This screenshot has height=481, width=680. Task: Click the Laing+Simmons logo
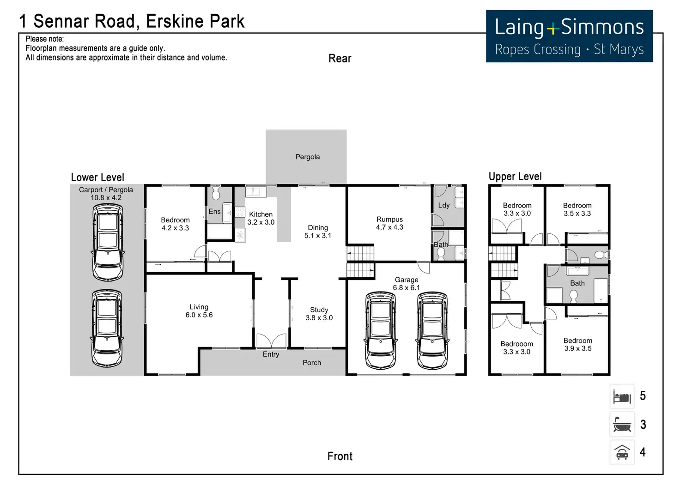[569, 36]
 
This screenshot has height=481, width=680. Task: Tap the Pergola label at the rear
[307, 157]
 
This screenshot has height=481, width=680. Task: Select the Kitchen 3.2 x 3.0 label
[261, 218]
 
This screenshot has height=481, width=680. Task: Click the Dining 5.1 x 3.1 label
[318, 231]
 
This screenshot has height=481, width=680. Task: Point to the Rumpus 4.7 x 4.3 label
[389, 223]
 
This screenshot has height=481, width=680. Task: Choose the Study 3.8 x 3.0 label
[319, 314]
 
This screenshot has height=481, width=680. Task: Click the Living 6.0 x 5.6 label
[199, 311]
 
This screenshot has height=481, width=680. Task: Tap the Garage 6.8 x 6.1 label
[407, 284]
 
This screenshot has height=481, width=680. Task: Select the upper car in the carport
[108, 242]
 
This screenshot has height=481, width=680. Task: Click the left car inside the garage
[381, 330]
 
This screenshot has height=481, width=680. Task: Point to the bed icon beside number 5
[622, 396]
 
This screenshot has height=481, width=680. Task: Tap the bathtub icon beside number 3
[622, 425]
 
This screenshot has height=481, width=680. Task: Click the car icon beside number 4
[622, 452]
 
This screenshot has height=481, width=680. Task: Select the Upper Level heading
[515, 177]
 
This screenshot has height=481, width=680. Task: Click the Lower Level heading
[97, 177]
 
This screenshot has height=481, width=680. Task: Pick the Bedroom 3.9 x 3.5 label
[577, 344]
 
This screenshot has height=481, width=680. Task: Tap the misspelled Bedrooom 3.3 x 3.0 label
[516, 347]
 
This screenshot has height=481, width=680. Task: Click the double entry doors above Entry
[271, 341]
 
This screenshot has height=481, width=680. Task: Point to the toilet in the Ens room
[216, 193]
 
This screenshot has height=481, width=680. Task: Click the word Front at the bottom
[340, 457]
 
